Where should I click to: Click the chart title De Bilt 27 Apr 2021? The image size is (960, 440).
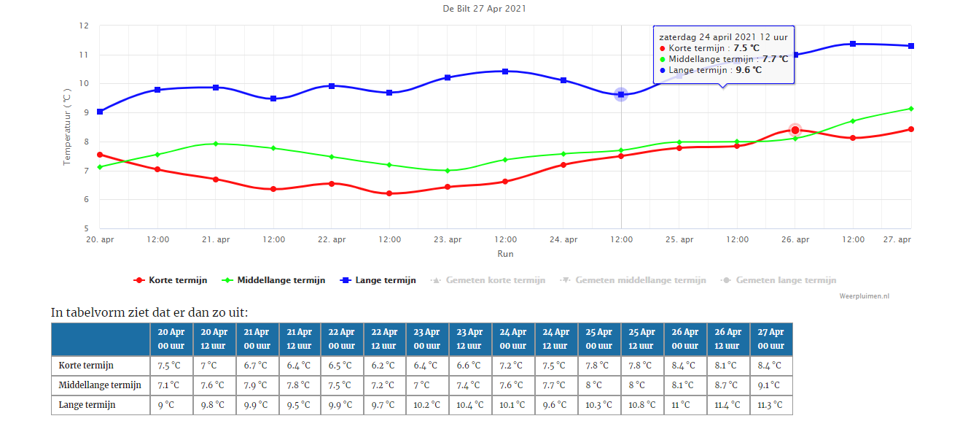(484, 9)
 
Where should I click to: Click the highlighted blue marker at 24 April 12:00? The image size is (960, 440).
(621, 94)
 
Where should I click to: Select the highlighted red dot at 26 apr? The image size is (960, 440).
(795, 130)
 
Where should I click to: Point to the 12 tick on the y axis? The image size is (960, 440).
(84, 26)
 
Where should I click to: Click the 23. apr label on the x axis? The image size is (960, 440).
(448, 239)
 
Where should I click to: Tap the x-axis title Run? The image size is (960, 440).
(505, 253)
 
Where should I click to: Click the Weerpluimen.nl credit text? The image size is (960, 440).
(864, 296)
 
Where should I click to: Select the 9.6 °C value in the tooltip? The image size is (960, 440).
(749, 70)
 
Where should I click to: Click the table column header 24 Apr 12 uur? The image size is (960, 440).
(556, 339)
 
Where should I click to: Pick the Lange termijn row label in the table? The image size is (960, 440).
(87, 404)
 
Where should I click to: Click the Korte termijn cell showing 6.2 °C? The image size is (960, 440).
(383, 366)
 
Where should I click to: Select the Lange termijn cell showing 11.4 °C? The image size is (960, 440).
(727, 404)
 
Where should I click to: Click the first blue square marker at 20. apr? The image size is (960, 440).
(100, 112)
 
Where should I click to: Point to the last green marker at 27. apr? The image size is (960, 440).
(911, 109)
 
